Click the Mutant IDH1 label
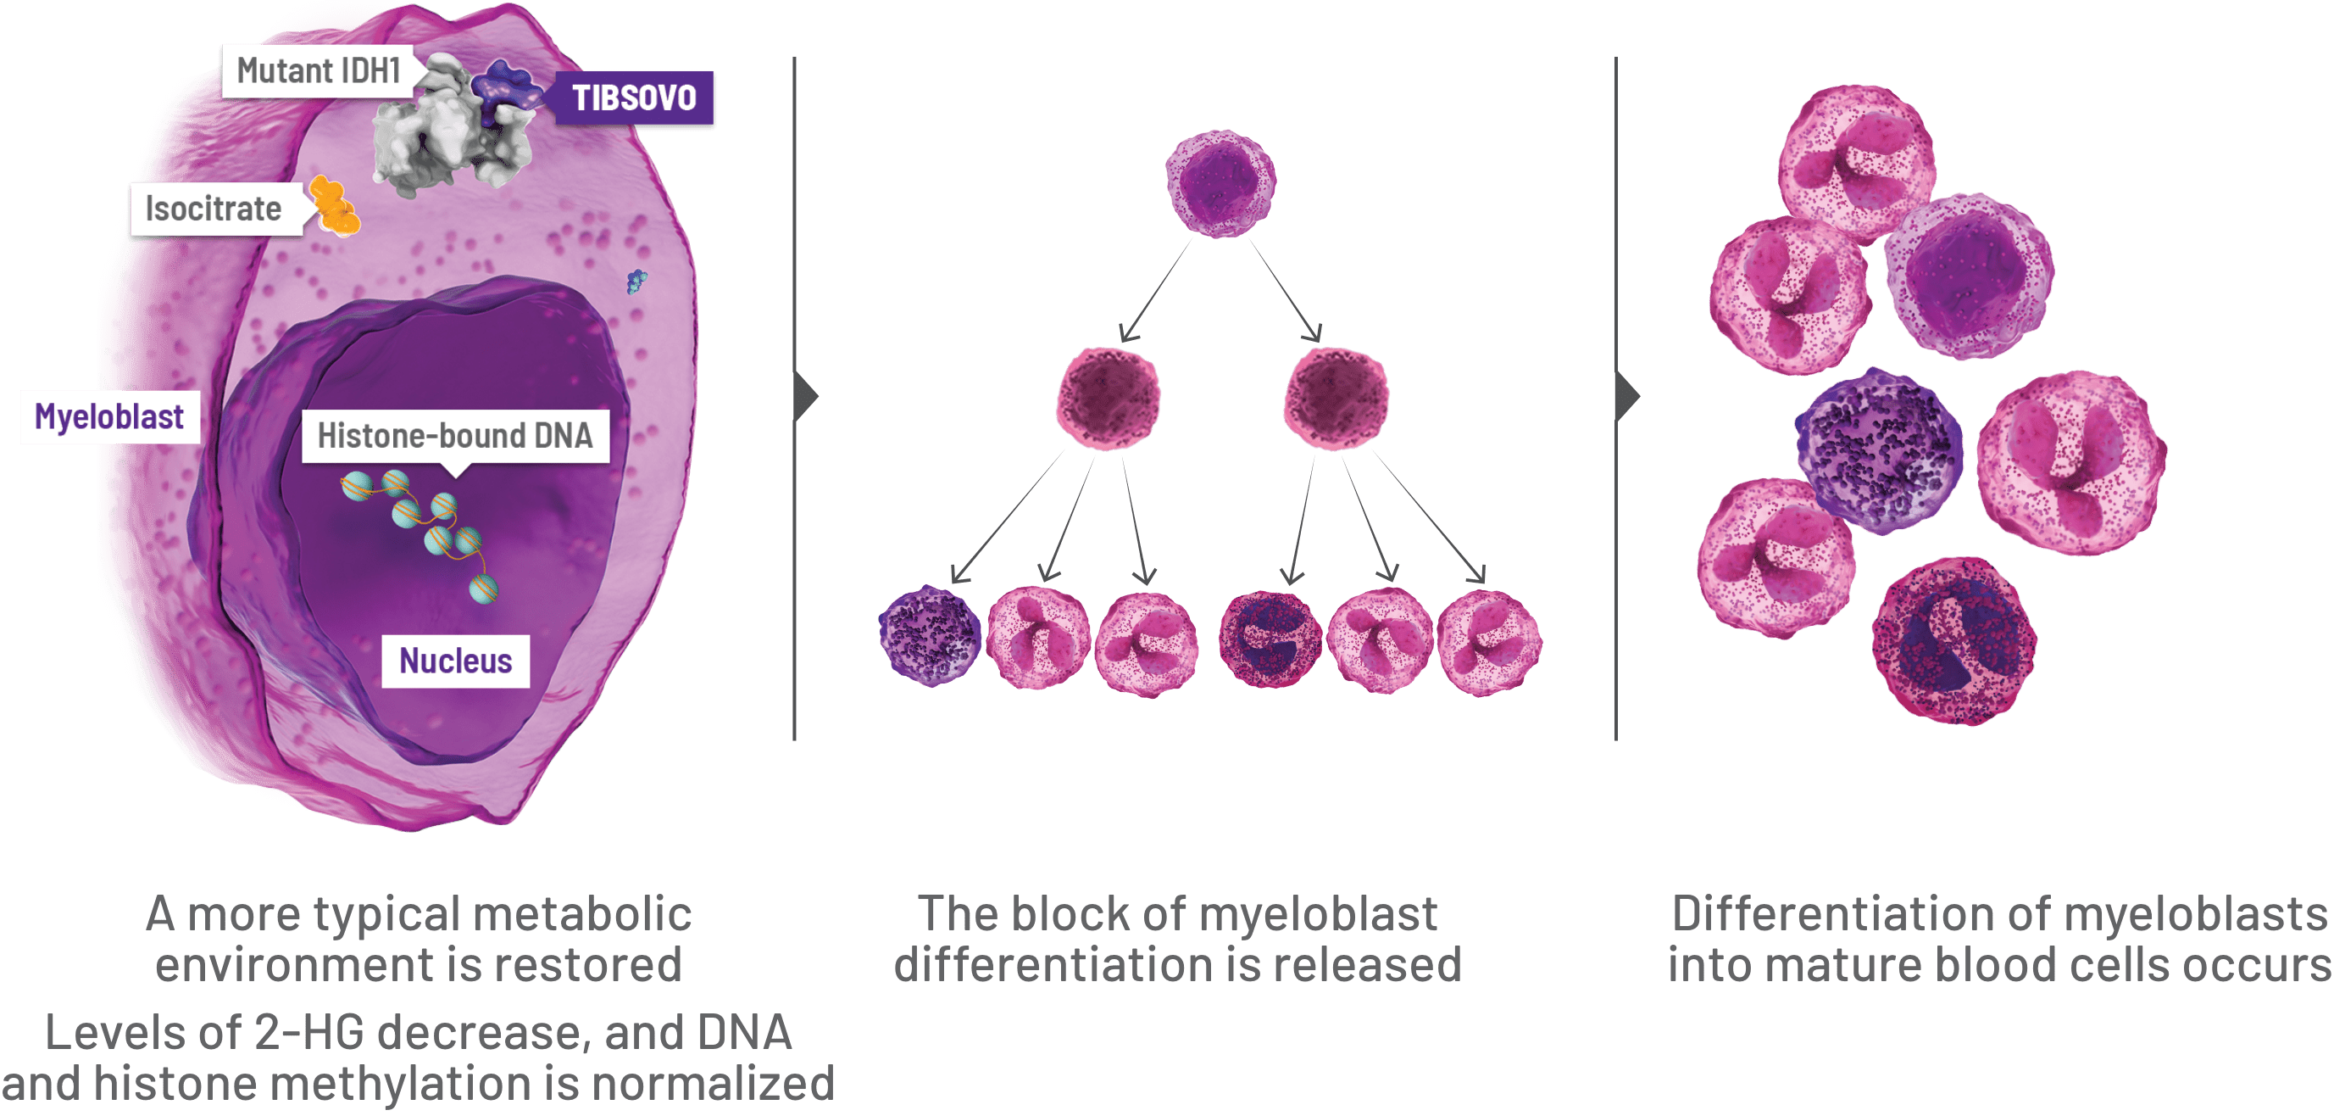[x=318, y=70]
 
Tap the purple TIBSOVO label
[x=634, y=98]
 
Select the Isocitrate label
[x=214, y=209]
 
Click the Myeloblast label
[x=109, y=417]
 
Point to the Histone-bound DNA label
[x=455, y=436]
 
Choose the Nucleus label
[x=456, y=661]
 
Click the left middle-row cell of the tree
[x=1109, y=397]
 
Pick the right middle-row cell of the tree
[x=1336, y=397]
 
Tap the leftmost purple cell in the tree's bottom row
[x=931, y=636]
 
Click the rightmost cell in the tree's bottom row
[x=1490, y=642]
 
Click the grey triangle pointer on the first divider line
[x=805, y=396]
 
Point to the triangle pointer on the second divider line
[x=1626, y=396]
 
